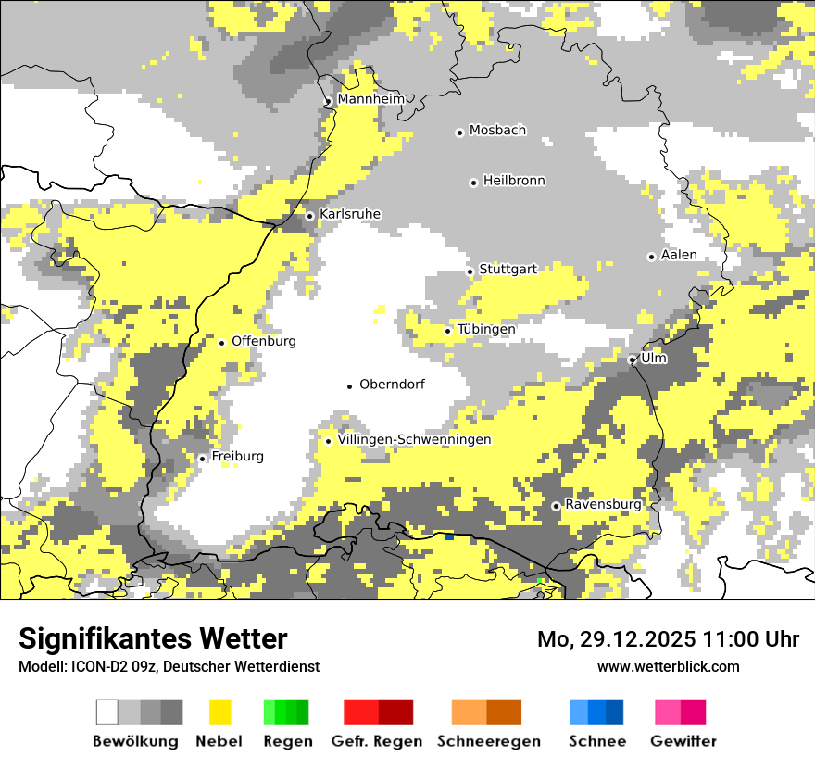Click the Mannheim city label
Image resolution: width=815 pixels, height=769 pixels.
pos(371,99)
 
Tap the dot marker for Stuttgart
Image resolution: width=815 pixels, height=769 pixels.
pos(470,271)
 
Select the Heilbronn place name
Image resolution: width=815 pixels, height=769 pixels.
pos(514,181)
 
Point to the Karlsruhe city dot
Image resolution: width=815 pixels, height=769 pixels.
pos(310,216)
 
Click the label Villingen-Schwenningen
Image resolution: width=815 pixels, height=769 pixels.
pos(414,439)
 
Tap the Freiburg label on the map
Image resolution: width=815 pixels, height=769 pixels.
pos(237,456)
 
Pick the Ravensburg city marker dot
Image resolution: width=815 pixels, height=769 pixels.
pos(556,506)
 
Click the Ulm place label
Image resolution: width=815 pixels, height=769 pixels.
pos(654,358)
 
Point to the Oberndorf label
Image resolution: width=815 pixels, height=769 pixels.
pos(392,384)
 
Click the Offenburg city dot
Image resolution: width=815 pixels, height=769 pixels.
pos(222,343)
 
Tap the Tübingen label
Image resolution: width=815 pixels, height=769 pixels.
pos(486,329)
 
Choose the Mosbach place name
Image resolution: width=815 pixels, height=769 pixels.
pos(497,131)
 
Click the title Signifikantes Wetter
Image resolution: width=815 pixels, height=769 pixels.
pos(153,638)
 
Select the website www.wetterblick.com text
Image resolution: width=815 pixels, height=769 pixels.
pos(668,666)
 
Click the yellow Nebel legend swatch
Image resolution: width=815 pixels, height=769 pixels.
pos(220,712)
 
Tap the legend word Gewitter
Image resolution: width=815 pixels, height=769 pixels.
pos(683,741)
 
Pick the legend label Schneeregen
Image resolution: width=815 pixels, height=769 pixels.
pos(488,741)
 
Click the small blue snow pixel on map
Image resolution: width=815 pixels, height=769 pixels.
pos(449,536)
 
